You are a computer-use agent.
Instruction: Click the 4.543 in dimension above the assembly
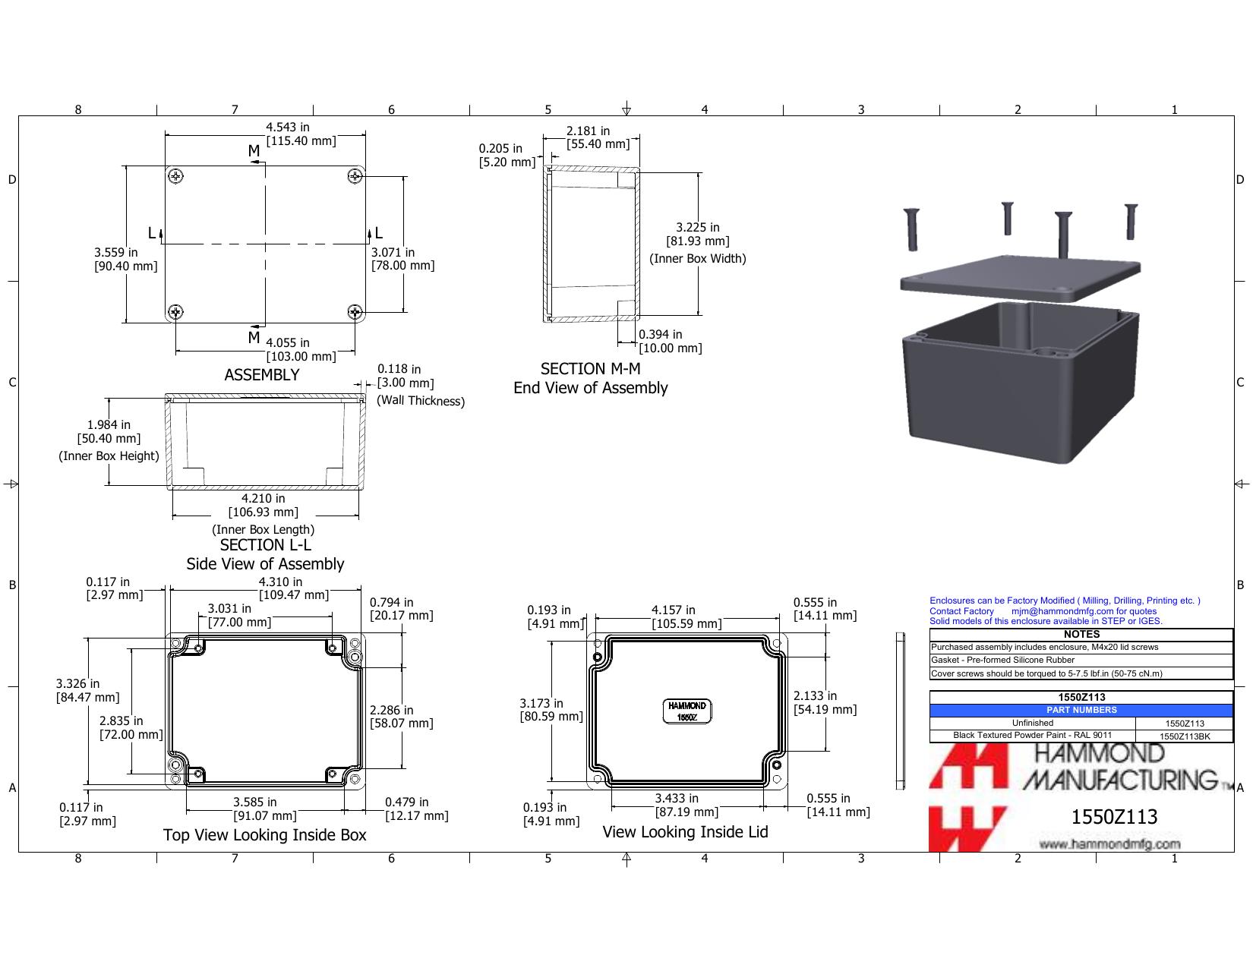point(287,127)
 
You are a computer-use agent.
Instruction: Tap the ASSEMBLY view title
point(262,375)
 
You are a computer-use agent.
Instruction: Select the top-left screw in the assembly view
point(176,176)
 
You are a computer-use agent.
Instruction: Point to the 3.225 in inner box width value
point(698,227)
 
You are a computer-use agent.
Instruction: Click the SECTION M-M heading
point(591,368)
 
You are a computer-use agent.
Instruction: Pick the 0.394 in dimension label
point(660,334)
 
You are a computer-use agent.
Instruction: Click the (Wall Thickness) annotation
point(421,401)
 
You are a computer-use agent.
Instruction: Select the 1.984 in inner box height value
point(109,425)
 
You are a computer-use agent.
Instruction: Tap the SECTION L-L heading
point(265,545)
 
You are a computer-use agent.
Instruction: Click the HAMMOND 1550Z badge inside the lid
point(686,711)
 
